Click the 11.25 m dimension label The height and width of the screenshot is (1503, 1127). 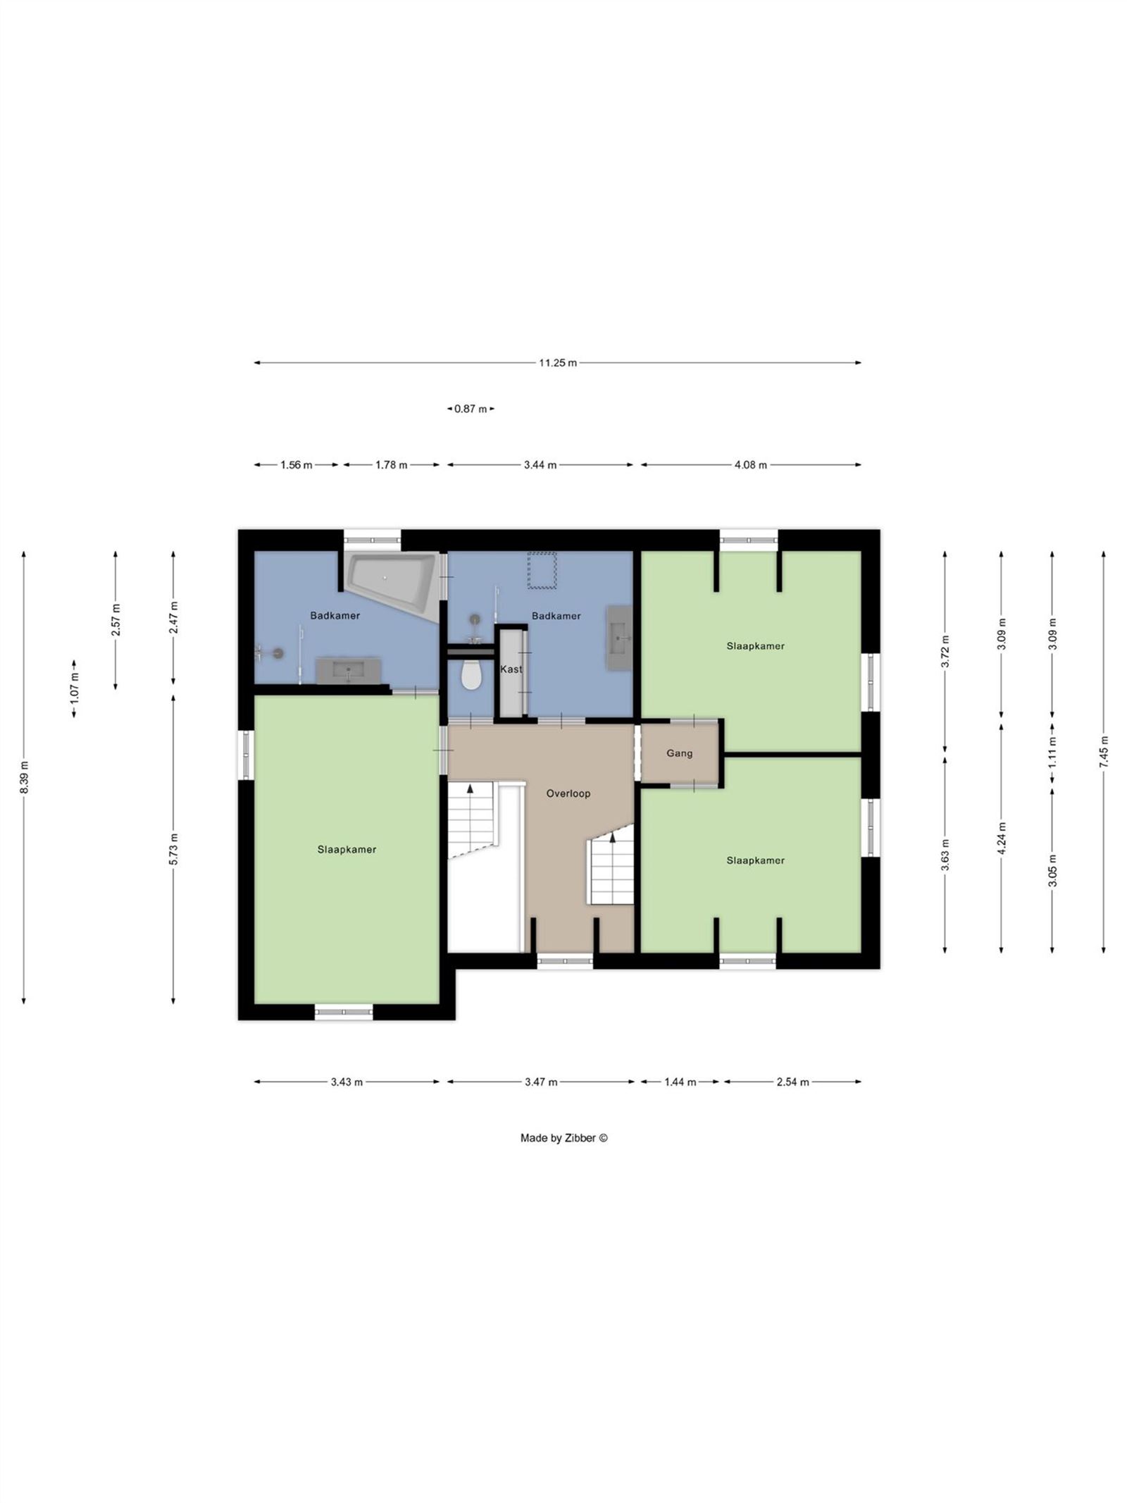click(x=557, y=363)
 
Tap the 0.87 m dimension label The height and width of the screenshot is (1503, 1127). click(x=471, y=409)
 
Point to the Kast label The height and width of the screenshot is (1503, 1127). click(x=511, y=669)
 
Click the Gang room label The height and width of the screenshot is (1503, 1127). click(x=679, y=753)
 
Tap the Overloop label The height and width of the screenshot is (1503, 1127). click(x=568, y=793)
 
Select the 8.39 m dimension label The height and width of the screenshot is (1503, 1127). click(x=24, y=777)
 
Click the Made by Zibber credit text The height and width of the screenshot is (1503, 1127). click(x=563, y=1138)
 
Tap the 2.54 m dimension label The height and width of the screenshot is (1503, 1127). click(x=792, y=1082)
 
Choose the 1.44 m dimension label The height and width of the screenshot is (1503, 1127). click(x=680, y=1082)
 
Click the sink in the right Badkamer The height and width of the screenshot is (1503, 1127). click(x=619, y=637)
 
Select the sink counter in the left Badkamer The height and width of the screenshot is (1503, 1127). click(x=349, y=670)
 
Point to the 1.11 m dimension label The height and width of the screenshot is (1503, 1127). click(x=1052, y=753)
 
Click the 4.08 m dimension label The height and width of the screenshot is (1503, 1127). click(x=751, y=465)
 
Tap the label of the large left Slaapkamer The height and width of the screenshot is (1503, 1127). click(x=347, y=850)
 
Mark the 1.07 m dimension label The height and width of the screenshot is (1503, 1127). click(x=74, y=689)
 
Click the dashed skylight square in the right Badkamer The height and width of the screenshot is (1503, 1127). click(x=542, y=570)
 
